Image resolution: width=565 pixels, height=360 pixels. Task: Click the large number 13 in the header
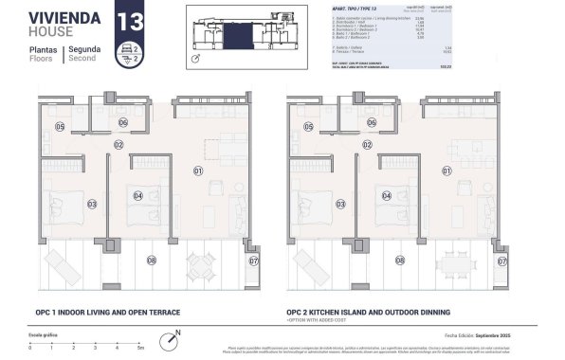point(127,19)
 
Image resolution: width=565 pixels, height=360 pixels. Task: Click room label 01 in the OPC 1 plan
point(199,171)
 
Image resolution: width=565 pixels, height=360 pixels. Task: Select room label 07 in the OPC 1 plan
point(252,260)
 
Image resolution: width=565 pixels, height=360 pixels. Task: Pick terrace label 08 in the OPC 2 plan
point(399,260)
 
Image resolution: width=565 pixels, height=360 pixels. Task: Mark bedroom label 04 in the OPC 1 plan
point(138,197)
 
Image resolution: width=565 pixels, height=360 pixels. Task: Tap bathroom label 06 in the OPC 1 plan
point(123,122)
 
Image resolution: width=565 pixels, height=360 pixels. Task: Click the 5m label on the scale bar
point(139,348)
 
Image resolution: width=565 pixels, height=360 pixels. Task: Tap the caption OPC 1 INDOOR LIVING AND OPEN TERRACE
point(108,311)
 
